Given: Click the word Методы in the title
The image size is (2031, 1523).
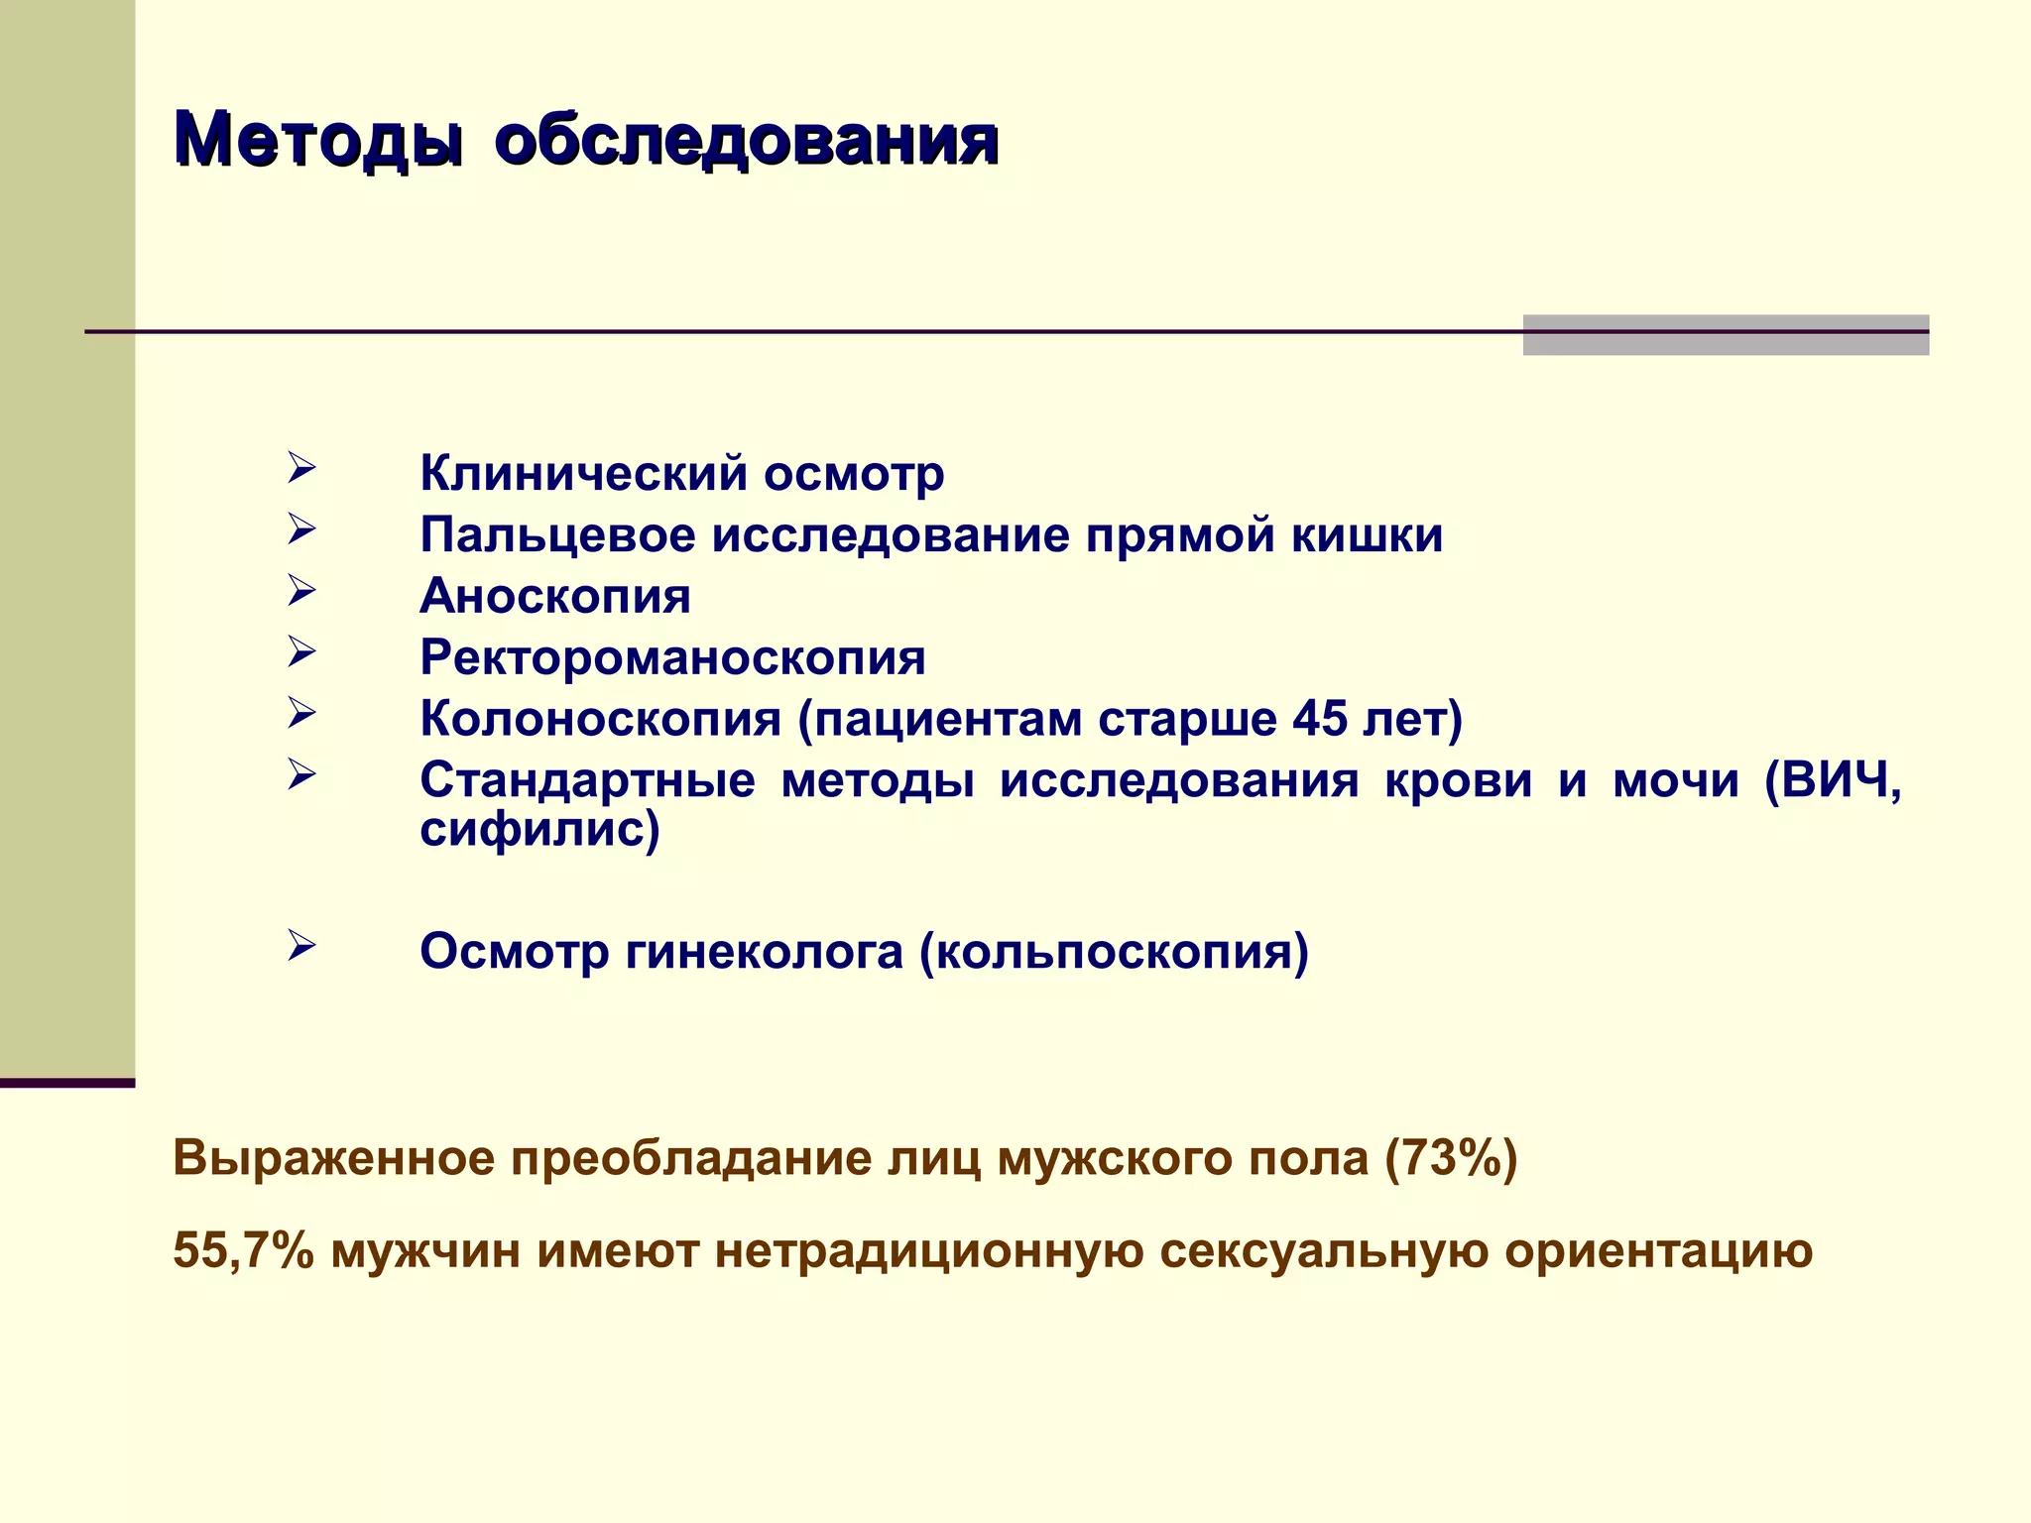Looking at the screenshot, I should pyautogui.click(x=316, y=140).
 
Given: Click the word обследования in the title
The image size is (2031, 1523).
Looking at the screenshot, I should pyautogui.click(x=746, y=140).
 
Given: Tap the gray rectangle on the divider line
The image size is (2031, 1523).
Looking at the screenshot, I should pyautogui.click(x=1725, y=335).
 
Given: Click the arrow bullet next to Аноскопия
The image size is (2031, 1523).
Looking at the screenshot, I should pyautogui.click(x=301, y=591).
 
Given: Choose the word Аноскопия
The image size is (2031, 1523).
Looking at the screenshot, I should pyautogui.click(x=555, y=597).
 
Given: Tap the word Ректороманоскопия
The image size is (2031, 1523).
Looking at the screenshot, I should pyautogui.click(x=672, y=658).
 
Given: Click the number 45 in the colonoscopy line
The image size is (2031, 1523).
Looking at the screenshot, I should pyautogui.click(x=1320, y=719).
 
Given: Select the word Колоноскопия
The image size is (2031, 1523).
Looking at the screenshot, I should pyautogui.click(x=600, y=720).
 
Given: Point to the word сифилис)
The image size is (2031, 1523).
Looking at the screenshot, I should pyautogui.click(x=539, y=829).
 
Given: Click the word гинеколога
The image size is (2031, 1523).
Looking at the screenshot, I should pyautogui.click(x=764, y=952).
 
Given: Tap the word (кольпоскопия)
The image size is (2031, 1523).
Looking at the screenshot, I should pyautogui.click(x=1114, y=952).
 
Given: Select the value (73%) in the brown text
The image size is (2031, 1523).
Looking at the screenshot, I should pyautogui.click(x=1451, y=1158).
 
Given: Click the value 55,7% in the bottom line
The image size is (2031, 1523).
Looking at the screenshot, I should pyautogui.click(x=243, y=1250).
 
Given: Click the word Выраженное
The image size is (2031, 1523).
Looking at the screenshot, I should pyautogui.click(x=333, y=1158).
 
